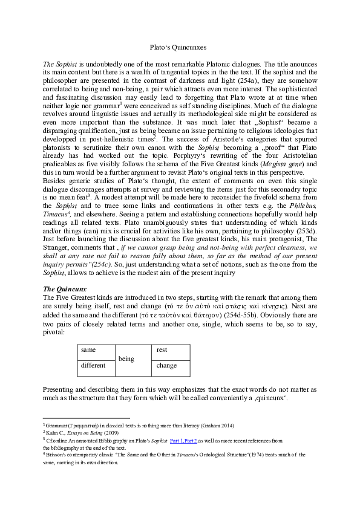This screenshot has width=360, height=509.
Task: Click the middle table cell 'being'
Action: [126, 358]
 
